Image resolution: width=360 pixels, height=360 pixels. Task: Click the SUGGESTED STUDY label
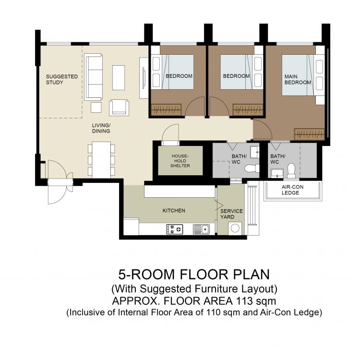(x=62, y=79)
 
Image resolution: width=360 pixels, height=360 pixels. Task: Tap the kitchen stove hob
(x=175, y=229)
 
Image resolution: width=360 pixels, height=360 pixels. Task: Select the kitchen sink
(x=201, y=229)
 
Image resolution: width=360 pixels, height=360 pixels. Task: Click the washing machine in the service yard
(x=235, y=228)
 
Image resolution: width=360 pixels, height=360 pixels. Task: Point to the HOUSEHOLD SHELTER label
(x=180, y=161)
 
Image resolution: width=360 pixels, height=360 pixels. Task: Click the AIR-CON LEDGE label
(x=292, y=190)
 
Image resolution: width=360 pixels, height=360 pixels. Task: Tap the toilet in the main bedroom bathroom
(x=291, y=170)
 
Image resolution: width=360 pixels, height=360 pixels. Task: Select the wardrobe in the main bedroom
(x=309, y=134)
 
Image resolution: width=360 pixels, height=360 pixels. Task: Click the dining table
(x=101, y=160)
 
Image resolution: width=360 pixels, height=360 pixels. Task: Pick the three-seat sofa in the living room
(x=93, y=77)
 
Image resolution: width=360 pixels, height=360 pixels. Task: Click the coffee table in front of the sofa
(x=119, y=78)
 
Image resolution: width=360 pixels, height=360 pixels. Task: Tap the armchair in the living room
(x=119, y=108)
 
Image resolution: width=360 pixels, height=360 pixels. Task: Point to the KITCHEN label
(x=174, y=211)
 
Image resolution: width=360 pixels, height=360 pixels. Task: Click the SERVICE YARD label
(x=231, y=214)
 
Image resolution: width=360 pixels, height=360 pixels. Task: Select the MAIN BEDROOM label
(x=298, y=79)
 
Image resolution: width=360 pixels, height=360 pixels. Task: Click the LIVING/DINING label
(x=101, y=128)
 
